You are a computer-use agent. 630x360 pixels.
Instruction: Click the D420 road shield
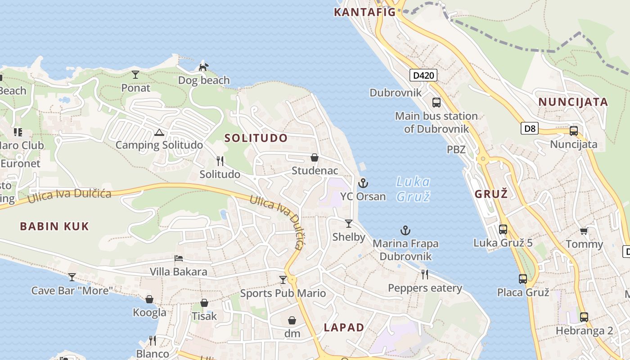point(423,75)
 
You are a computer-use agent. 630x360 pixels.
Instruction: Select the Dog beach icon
point(204,67)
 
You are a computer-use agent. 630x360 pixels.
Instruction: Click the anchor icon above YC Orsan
point(363,183)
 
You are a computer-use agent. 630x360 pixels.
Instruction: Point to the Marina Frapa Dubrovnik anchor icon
point(405,231)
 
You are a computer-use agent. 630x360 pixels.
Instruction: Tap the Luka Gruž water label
point(413,189)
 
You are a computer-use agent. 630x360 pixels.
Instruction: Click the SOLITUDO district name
point(256,138)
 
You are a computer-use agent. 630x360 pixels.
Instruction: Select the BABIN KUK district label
point(54,226)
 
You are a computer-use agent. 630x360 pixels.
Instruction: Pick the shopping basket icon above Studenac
point(315,157)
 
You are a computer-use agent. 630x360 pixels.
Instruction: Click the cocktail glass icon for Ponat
point(135,74)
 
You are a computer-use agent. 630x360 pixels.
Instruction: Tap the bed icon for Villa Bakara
point(179,258)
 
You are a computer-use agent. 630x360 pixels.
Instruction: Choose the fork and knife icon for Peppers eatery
point(424,274)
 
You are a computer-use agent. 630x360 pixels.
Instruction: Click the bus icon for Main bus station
point(436,102)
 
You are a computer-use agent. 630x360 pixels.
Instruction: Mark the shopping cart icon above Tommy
point(584,231)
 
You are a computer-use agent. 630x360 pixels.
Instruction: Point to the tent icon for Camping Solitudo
point(158,132)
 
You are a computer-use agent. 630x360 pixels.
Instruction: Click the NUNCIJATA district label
point(573,102)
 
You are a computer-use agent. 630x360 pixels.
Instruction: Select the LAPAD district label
point(344,328)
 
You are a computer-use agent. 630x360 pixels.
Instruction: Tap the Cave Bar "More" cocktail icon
point(72,277)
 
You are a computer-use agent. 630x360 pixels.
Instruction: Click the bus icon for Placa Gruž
point(522,279)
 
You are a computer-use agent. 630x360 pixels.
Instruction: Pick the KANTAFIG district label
point(364,12)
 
